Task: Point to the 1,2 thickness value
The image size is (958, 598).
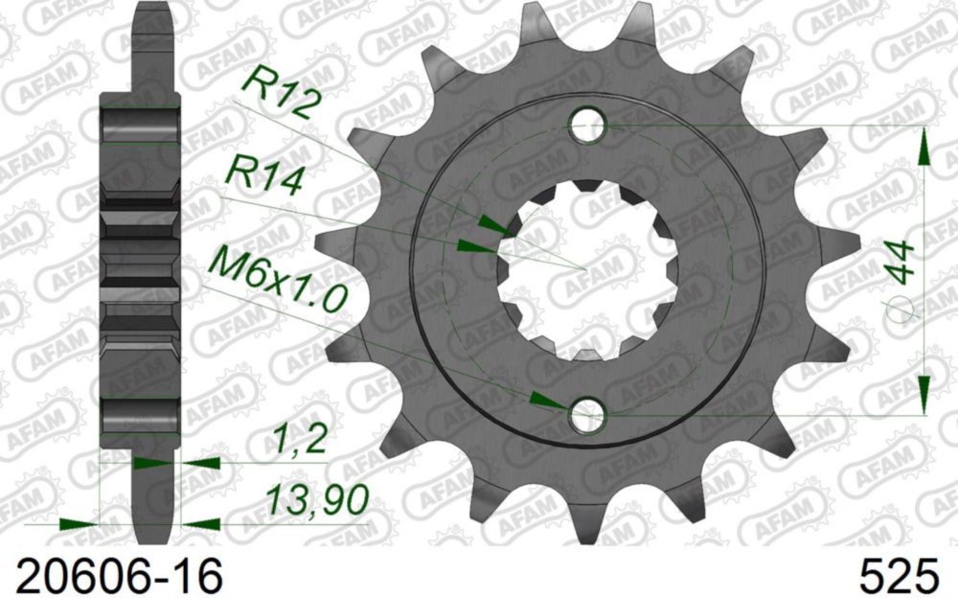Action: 299,442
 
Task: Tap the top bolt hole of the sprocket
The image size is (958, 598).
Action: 586,125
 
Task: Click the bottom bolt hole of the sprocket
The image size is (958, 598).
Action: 586,415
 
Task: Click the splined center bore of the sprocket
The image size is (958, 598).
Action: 586,269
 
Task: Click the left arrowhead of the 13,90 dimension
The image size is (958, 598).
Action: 80,524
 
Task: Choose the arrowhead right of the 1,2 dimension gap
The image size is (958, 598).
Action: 197,463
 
